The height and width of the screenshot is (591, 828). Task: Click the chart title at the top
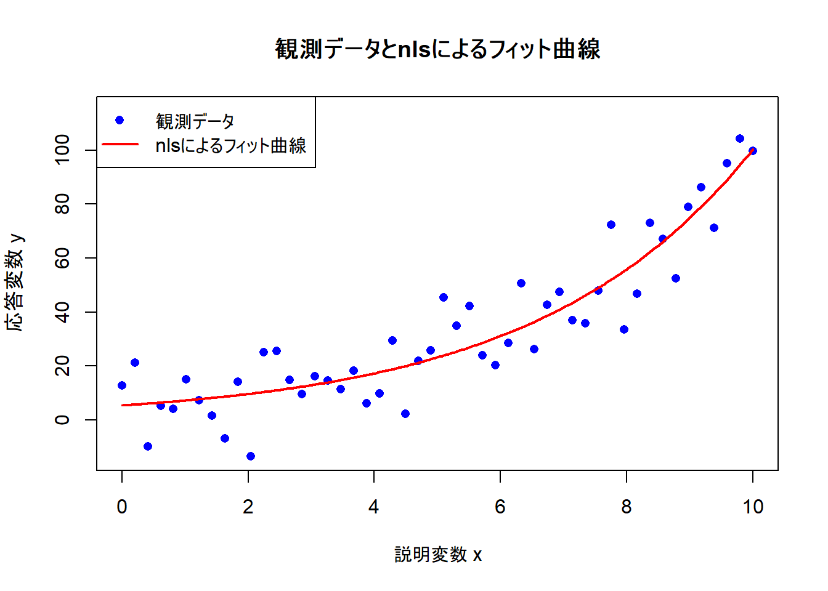coord(437,49)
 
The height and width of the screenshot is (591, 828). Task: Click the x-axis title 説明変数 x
coord(437,555)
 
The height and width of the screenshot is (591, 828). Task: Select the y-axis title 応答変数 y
coord(16,283)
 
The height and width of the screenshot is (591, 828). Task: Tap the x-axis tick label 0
coord(122,507)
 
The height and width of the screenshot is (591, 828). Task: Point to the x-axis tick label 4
coord(374,507)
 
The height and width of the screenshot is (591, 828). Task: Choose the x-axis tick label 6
coord(500,507)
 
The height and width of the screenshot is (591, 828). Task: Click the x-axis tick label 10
coord(752,507)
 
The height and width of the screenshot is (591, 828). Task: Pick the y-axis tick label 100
coord(63,150)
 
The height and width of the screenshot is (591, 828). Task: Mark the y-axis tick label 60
coord(63,258)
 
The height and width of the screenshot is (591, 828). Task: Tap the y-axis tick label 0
coord(63,420)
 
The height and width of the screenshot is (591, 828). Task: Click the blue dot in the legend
coord(120,120)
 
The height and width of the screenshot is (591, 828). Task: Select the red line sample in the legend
coord(120,145)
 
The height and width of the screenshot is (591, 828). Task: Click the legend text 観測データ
coord(195,121)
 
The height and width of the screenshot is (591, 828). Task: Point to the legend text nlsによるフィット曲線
coord(230,145)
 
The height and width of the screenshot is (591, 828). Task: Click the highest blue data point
coord(740,139)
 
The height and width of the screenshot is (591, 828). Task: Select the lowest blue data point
coord(251,456)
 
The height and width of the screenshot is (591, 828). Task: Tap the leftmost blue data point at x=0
coord(122,385)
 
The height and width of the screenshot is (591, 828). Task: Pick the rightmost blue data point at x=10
coord(752,151)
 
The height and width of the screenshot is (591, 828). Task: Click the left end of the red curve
coord(123,405)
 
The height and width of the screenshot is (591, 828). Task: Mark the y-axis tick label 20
coord(63,366)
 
